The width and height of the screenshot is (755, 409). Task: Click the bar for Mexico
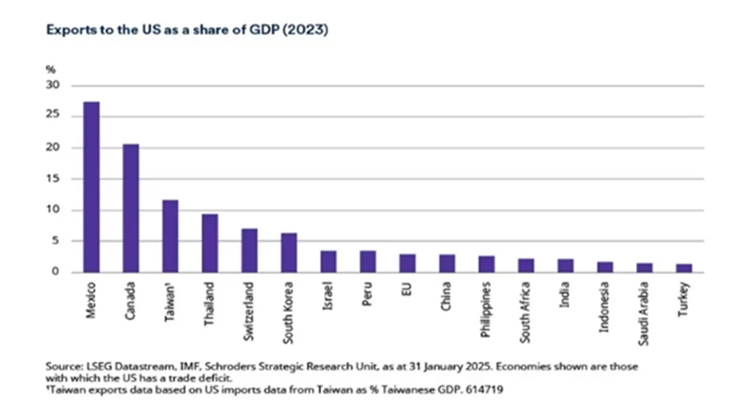coord(91,187)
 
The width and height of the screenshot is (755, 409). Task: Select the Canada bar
coord(131,208)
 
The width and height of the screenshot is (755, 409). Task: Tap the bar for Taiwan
coord(170,236)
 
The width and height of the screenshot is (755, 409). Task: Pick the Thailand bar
coord(210,243)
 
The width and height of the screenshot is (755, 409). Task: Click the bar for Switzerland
coord(250,250)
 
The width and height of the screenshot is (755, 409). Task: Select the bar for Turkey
coord(685,268)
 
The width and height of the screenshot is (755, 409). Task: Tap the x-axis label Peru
coord(369,293)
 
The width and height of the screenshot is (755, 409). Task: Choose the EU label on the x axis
coord(407,288)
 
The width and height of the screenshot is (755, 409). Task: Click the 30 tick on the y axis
coord(54,85)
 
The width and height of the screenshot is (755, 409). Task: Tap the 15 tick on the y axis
coord(54,179)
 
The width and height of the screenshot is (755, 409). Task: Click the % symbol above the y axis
coord(51,69)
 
